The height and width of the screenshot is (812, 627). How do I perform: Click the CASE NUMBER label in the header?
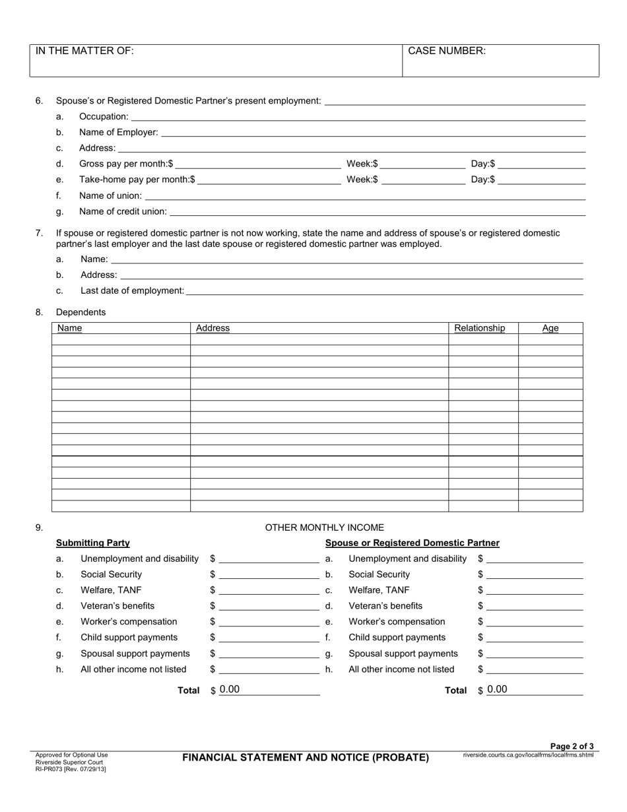447,51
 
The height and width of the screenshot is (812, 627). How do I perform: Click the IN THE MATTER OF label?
84,51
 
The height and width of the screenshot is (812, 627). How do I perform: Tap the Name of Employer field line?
373,132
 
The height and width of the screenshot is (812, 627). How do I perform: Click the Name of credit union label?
123,211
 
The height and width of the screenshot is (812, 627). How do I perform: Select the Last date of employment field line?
385,290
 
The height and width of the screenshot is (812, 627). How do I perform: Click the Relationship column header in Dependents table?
480,328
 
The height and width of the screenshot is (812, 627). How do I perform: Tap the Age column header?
550,328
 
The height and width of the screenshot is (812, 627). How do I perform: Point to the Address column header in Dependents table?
213,328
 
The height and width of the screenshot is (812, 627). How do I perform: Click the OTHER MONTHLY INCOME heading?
324,527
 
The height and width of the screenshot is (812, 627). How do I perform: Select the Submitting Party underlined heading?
92,543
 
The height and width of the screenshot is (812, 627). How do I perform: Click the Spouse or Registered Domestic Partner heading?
412,543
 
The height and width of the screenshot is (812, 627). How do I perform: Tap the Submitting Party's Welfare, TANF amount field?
269,590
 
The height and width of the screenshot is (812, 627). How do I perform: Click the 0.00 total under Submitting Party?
230,690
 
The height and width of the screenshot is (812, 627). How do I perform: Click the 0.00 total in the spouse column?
498,690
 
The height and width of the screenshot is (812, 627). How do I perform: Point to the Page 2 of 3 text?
572,746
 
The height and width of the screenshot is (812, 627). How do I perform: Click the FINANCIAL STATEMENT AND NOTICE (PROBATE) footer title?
306,757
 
